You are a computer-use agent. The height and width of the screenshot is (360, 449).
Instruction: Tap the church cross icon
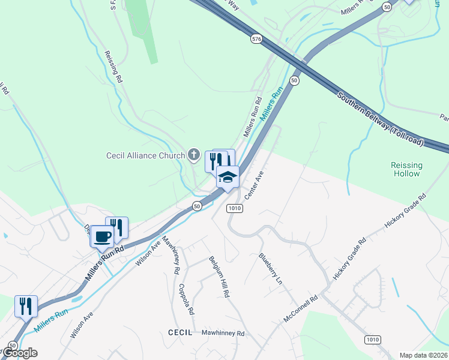point(193,155)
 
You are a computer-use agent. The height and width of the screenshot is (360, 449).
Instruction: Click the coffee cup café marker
point(102,235)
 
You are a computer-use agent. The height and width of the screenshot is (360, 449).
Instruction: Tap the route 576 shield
point(257,39)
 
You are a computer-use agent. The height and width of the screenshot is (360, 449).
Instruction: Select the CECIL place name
point(180,332)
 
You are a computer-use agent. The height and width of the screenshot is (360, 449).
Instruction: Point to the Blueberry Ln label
point(270,268)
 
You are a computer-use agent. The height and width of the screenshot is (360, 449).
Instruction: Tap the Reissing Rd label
point(113,66)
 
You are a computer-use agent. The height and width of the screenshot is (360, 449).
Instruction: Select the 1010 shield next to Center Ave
point(235,208)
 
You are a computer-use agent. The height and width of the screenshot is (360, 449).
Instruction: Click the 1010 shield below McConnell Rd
point(372,340)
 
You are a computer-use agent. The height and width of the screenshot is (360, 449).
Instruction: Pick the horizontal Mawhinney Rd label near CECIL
point(223,333)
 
